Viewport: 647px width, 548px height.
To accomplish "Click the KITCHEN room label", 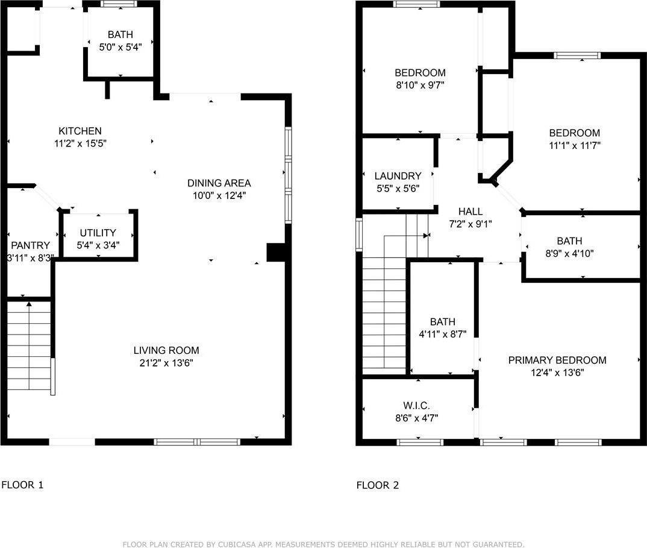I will [x=80, y=131].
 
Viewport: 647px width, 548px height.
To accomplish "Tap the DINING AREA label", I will [x=219, y=183].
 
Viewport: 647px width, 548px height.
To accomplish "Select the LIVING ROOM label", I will [x=166, y=350].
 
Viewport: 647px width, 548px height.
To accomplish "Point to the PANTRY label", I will [x=30, y=245].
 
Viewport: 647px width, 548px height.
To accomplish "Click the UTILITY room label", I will [x=98, y=233].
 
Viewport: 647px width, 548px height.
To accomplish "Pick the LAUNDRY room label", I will [x=398, y=176].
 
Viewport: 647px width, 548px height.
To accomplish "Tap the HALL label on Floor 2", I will [x=470, y=212].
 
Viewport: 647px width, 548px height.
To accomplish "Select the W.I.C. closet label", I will [x=416, y=405].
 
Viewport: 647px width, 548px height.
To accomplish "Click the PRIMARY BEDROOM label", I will [x=557, y=360].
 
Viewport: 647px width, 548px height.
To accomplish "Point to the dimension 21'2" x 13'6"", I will [x=166, y=362].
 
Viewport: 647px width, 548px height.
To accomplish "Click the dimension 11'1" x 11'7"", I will [x=574, y=145].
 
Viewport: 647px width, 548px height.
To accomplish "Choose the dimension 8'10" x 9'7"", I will [x=420, y=85].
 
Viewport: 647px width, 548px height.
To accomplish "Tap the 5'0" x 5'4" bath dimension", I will [x=120, y=46].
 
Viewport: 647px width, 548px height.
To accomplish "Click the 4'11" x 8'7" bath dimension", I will [x=442, y=333].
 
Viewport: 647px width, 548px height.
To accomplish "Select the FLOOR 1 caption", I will [x=22, y=485].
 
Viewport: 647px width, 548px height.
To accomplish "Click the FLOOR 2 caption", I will [x=377, y=485].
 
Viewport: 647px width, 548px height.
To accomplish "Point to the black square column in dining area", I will [x=276, y=252].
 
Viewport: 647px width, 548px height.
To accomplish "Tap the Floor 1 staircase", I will [x=28, y=347].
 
